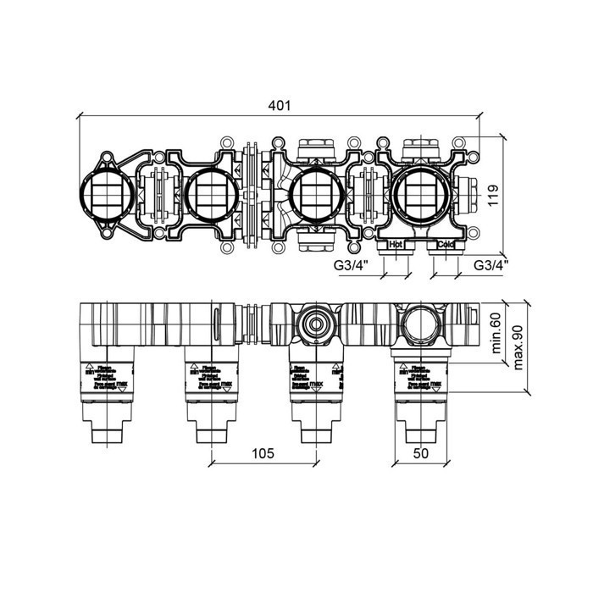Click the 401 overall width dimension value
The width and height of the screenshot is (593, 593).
(x=279, y=105)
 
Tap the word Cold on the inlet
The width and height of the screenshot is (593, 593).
(x=446, y=245)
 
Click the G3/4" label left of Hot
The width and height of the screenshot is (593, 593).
(x=350, y=266)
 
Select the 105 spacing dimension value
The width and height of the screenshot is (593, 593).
(x=263, y=454)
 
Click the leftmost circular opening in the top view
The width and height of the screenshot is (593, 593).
(x=105, y=194)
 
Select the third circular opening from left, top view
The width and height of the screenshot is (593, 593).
(x=313, y=194)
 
